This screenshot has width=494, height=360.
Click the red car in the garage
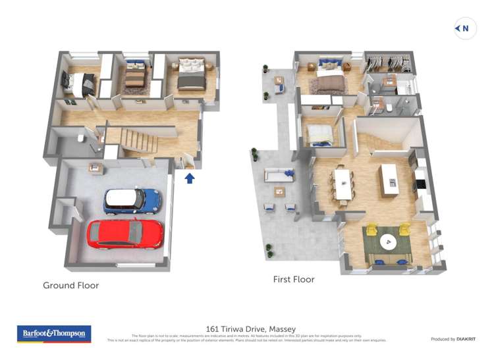coord(125,234)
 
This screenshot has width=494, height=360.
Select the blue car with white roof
coord(132,200)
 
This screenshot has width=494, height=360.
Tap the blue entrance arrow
coord(190,177)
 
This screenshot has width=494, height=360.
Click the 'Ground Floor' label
coord(70,286)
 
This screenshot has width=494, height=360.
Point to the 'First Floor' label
coord(294,280)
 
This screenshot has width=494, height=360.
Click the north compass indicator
coord(465,28)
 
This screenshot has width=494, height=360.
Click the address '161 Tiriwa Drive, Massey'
coord(251,329)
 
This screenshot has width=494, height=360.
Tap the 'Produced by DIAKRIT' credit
coord(454,339)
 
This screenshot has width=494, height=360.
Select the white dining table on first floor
coord(343,184)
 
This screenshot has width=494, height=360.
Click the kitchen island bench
coord(389,176)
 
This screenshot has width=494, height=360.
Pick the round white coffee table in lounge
coord(388,242)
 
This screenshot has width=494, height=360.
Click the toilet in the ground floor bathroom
coord(80,138)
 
